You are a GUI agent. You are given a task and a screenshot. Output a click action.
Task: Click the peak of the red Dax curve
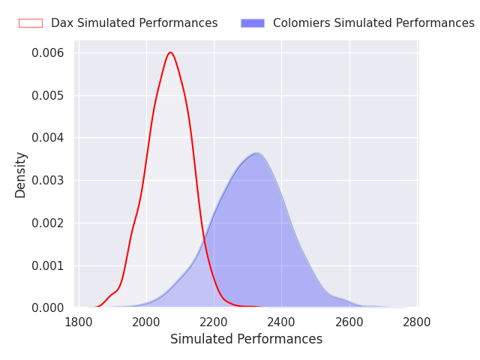171,52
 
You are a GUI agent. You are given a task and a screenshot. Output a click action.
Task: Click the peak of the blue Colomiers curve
256,153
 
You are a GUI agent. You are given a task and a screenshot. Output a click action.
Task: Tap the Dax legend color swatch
31,23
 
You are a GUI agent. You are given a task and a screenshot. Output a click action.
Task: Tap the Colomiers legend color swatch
253,23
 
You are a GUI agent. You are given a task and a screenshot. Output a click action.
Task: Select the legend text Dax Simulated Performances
134,23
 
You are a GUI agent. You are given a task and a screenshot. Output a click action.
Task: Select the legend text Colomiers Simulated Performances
373,23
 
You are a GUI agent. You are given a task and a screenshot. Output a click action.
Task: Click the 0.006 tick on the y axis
48,53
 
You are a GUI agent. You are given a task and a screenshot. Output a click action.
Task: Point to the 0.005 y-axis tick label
48,95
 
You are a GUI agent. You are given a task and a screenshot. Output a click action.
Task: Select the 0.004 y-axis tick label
48,138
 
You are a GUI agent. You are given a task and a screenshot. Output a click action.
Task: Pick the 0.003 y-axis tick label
48,181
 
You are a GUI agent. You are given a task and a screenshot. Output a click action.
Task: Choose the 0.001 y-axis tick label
48,265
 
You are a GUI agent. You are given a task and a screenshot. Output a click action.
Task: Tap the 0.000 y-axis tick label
48,307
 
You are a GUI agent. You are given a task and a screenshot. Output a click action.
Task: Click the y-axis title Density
20,175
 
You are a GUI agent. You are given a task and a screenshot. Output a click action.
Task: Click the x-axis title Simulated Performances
246,340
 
